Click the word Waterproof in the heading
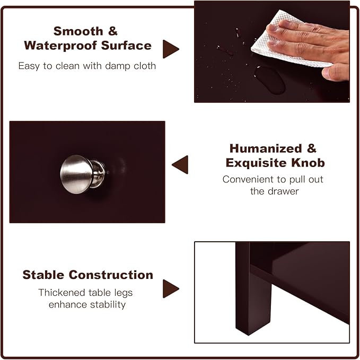tap(60, 46)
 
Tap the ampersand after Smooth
tap(113, 31)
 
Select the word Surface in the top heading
tap(126, 45)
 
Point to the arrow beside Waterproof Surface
tap(170, 49)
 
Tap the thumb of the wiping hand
tap(335, 72)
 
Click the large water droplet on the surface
tap(270, 80)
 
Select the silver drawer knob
tap(82, 174)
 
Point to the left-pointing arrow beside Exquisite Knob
tap(180, 164)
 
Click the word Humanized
tap(266, 148)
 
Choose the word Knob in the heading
tap(308, 163)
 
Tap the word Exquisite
tap(256, 163)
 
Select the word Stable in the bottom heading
tap(43, 275)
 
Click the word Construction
tap(111, 275)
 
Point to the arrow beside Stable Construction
tap(170, 288)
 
